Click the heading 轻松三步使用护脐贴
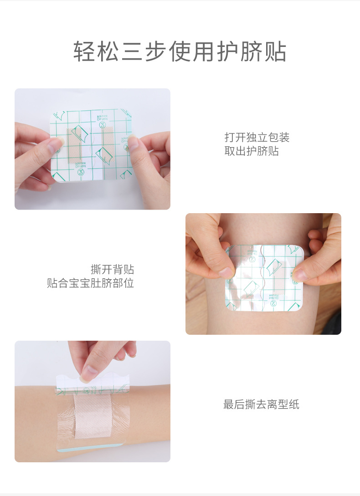(180, 52)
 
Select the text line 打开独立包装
(257, 137)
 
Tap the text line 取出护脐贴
(252, 151)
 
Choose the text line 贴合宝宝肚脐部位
(91, 283)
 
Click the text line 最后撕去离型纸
(261, 404)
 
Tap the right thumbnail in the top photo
(133, 143)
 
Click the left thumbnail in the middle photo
(226, 272)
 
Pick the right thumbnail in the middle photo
(299, 274)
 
